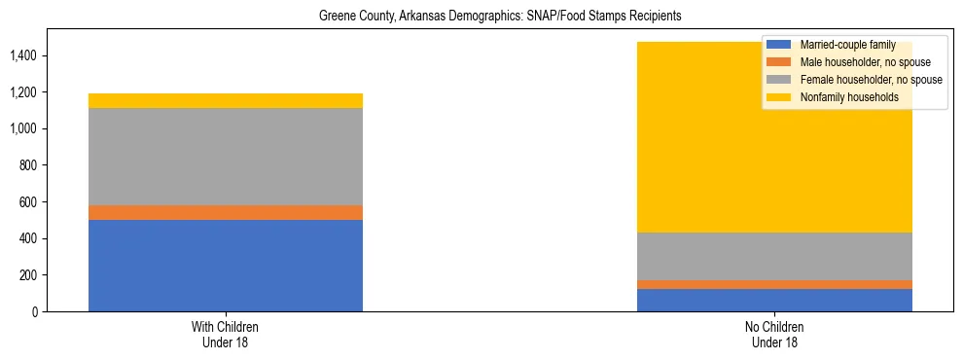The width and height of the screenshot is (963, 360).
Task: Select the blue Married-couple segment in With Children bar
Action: click(x=226, y=266)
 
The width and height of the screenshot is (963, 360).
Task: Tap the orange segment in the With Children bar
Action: click(x=226, y=212)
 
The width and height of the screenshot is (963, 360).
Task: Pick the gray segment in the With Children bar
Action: click(x=226, y=157)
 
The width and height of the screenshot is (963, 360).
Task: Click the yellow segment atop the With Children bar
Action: click(x=226, y=100)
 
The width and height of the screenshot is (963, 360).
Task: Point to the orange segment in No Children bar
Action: click(x=774, y=284)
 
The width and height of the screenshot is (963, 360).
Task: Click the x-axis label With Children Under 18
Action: click(x=226, y=334)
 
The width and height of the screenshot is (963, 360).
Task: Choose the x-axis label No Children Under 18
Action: click(x=774, y=334)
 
